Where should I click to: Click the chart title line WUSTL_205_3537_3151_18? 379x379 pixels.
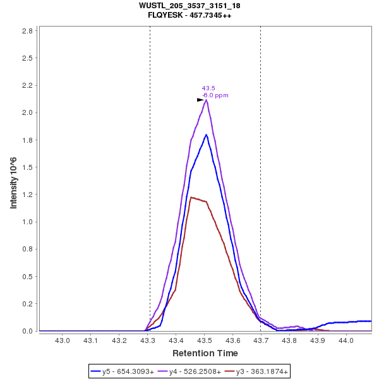189,6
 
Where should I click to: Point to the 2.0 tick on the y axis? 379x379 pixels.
28,112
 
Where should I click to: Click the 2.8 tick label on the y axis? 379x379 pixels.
28,30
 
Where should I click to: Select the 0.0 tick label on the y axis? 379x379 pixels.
28,331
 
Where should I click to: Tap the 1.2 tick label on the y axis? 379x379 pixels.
28,195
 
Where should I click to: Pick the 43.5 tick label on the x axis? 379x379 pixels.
204,341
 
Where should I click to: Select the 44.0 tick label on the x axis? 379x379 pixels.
346,341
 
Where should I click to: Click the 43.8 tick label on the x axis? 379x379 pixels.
289,341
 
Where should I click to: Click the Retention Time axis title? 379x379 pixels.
205,353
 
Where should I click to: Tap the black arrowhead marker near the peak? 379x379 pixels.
200,100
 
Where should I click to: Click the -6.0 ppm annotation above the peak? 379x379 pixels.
215,95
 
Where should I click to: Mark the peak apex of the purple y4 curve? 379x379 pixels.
207,100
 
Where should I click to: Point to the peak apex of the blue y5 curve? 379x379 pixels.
206,135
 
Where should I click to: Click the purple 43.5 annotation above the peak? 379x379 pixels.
208,88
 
